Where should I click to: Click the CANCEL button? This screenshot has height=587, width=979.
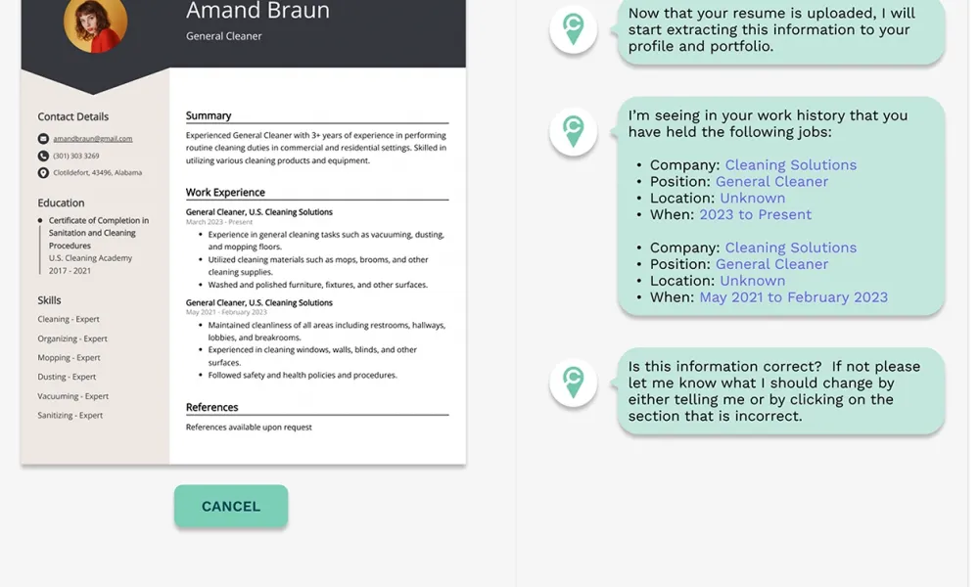tap(231, 506)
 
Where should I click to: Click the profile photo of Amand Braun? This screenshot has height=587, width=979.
tap(95, 23)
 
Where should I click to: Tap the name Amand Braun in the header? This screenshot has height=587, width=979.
tap(257, 12)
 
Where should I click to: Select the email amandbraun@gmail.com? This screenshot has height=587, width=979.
tap(92, 139)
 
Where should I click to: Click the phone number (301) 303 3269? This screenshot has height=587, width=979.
tap(75, 156)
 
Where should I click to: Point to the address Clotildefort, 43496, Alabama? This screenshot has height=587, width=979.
tap(97, 172)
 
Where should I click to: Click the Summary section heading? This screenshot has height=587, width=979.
tap(209, 115)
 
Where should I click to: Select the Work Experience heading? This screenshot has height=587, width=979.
tap(225, 193)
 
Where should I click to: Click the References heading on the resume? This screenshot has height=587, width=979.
tap(211, 407)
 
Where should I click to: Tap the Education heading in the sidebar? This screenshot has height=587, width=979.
tap(61, 203)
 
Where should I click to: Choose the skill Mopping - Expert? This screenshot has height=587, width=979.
tap(69, 358)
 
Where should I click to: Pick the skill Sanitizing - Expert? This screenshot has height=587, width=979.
tap(70, 415)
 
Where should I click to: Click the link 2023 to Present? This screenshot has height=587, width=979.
tap(755, 214)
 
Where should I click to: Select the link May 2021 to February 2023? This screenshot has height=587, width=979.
tap(793, 296)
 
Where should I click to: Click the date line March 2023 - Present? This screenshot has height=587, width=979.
tap(219, 222)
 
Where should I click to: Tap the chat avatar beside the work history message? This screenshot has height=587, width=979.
tap(573, 131)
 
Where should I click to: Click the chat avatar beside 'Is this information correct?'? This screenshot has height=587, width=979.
tap(573, 383)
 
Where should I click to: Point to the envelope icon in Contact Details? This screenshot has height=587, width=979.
tap(43, 139)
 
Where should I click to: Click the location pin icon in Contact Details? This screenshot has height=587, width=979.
tap(43, 173)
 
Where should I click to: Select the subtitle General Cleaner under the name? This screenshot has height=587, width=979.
tap(224, 36)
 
